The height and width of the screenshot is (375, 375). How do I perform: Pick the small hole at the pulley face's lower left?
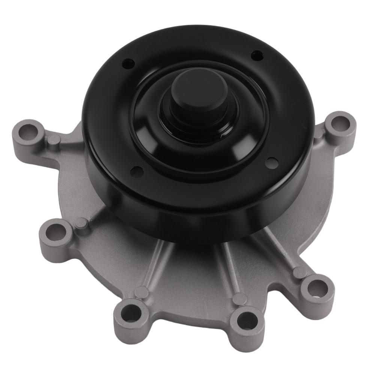click(x=136, y=171)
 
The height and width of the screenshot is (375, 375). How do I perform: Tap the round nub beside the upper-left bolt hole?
click(x=54, y=140)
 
